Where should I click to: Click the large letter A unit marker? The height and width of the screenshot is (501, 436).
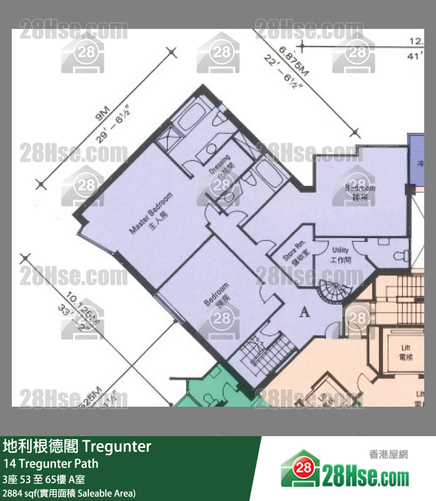pos(305,312)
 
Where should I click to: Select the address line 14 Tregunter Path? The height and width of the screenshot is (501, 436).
pos(51,463)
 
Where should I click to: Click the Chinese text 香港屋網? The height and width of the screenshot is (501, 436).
pos(388,454)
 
